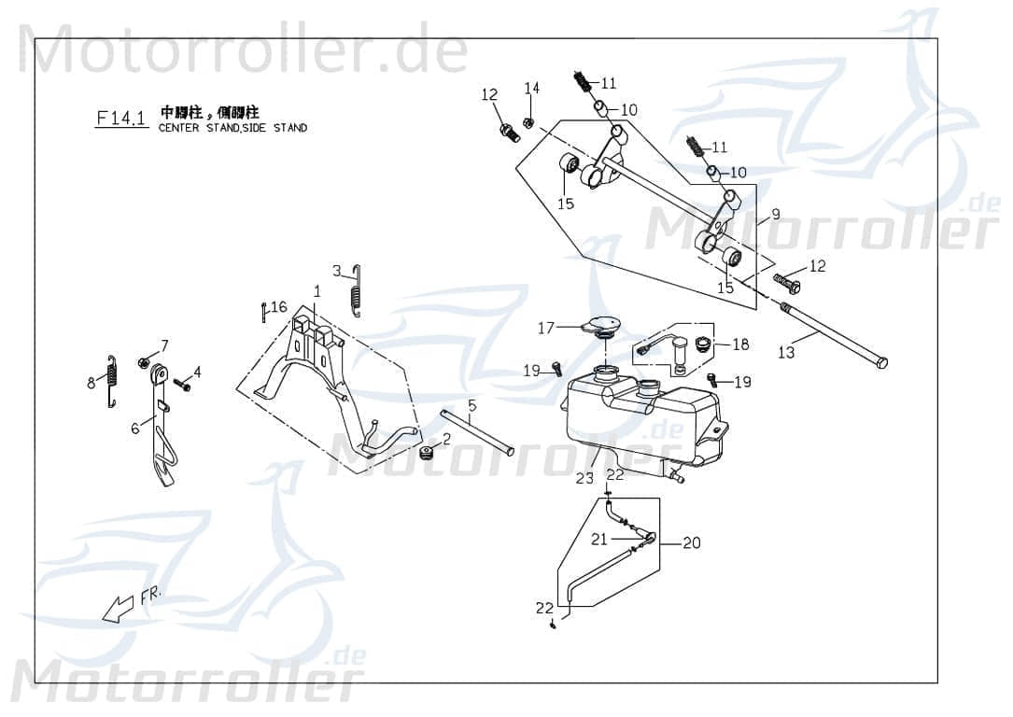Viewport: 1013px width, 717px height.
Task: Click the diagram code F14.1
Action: coord(121,118)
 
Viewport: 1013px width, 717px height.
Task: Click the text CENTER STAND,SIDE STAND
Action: coord(232,128)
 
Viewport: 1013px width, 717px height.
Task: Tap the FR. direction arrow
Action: coord(119,608)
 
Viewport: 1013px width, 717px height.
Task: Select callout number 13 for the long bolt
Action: coord(786,352)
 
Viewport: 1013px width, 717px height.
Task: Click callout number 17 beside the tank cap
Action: coord(545,328)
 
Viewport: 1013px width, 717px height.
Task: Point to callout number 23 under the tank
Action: coord(584,478)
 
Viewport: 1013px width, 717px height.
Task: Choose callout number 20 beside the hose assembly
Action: coord(691,542)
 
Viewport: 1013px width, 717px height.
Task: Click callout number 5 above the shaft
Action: coord(471,405)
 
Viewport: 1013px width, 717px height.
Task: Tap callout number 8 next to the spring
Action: coord(91,381)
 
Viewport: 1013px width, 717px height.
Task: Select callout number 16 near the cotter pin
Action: coord(279,307)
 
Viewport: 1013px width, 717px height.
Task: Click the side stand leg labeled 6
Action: coord(162,439)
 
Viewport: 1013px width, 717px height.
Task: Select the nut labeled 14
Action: coord(528,122)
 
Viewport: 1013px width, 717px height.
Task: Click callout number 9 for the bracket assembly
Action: coord(775,214)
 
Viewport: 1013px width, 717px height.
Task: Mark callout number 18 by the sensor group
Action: coord(740,344)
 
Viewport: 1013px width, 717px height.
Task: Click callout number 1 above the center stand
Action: coord(317,291)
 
